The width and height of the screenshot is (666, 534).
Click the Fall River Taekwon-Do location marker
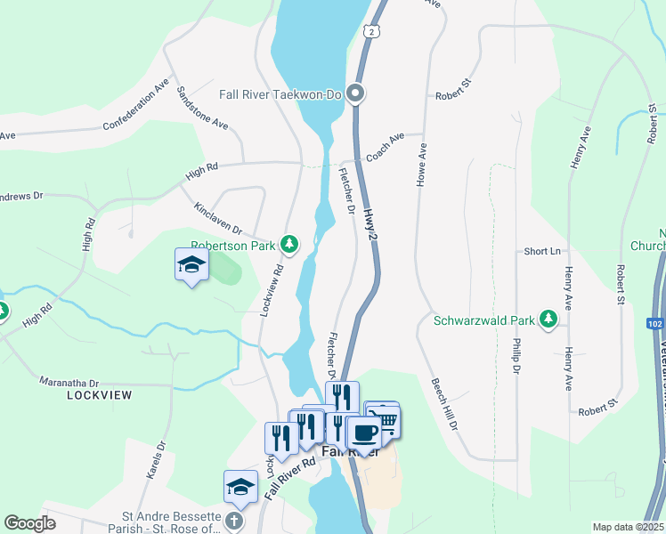pyautogui.click(x=355, y=93)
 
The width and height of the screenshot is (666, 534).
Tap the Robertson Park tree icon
pyautogui.click(x=288, y=243)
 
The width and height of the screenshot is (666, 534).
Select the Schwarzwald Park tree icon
pyautogui.click(x=549, y=320)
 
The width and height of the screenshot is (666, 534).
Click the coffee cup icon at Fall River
pyautogui.click(x=363, y=433)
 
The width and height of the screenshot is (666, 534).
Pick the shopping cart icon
pyautogui.click(x=386, y=420)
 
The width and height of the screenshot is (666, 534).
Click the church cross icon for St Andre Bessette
pyautogui.click(x=234, y=522)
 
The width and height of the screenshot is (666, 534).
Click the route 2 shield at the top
pyautogui.click(x=370, y=31)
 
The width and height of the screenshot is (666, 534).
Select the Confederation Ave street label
pyautogui.click(x=135, y=105)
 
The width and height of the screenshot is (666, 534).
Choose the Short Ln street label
pyautogui.click(x=540, y=252)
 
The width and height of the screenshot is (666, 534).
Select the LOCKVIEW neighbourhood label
pyautogui.click(x=99, y=394)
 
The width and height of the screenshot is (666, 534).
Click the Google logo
pyautogui.click(x=29, y=523)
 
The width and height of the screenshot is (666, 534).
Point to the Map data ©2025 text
pyautogui.click(x=627, y=527)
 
